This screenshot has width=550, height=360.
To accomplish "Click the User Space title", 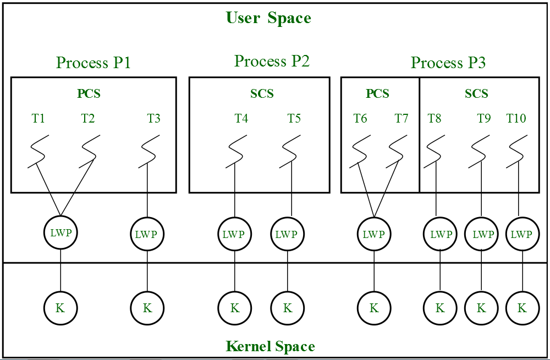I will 268,18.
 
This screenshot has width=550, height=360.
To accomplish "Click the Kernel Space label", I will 270,346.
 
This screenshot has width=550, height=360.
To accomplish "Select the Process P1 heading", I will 94,63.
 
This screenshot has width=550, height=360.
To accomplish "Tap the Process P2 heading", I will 272,61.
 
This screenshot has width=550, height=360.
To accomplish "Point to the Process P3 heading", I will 448,63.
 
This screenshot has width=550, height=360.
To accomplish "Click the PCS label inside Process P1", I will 89,93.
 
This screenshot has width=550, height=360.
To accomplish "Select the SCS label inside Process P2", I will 262,93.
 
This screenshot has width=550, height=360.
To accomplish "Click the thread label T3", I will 154,118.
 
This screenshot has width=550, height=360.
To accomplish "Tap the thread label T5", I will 294,118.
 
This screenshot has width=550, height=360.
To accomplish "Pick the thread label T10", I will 516,118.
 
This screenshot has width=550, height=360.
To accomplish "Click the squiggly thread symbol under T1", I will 37,151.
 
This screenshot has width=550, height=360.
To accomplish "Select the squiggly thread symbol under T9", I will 480,151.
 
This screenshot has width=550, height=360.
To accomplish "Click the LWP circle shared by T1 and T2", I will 61,232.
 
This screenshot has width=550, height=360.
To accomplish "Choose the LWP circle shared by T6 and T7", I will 374,234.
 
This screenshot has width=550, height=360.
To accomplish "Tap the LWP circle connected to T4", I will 235,234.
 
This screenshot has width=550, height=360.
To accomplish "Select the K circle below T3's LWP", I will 147,308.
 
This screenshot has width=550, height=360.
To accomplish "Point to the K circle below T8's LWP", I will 440,308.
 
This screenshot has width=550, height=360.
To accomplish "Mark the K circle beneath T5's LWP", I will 287,308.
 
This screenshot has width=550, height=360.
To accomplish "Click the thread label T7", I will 402,118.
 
